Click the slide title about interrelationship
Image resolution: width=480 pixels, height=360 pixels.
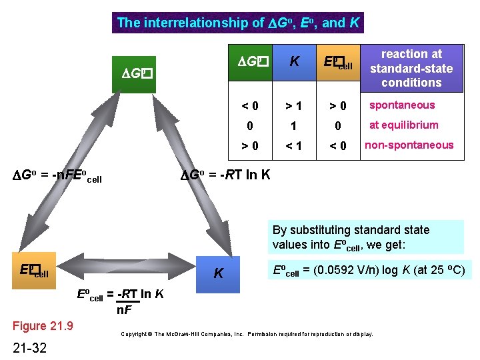point(239,23)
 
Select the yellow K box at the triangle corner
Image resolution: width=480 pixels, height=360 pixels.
point(218,273)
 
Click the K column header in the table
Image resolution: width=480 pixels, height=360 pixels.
point(293,62)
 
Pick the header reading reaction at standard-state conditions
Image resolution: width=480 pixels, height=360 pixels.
point(411,68)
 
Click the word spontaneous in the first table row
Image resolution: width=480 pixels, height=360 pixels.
point(402,105)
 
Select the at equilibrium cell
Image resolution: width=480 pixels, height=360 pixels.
point(403,125)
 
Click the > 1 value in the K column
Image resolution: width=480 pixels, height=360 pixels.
point(293,105)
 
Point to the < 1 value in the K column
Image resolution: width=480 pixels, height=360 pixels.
point(293,145)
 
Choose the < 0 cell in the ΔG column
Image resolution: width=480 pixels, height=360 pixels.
point(250,105)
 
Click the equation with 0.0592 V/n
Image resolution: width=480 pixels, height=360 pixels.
point(369,271)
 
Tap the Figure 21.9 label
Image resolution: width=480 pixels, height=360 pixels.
point(43,326)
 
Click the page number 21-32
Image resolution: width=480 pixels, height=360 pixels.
point(30,347)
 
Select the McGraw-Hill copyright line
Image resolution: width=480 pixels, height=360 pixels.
point(247,333)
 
